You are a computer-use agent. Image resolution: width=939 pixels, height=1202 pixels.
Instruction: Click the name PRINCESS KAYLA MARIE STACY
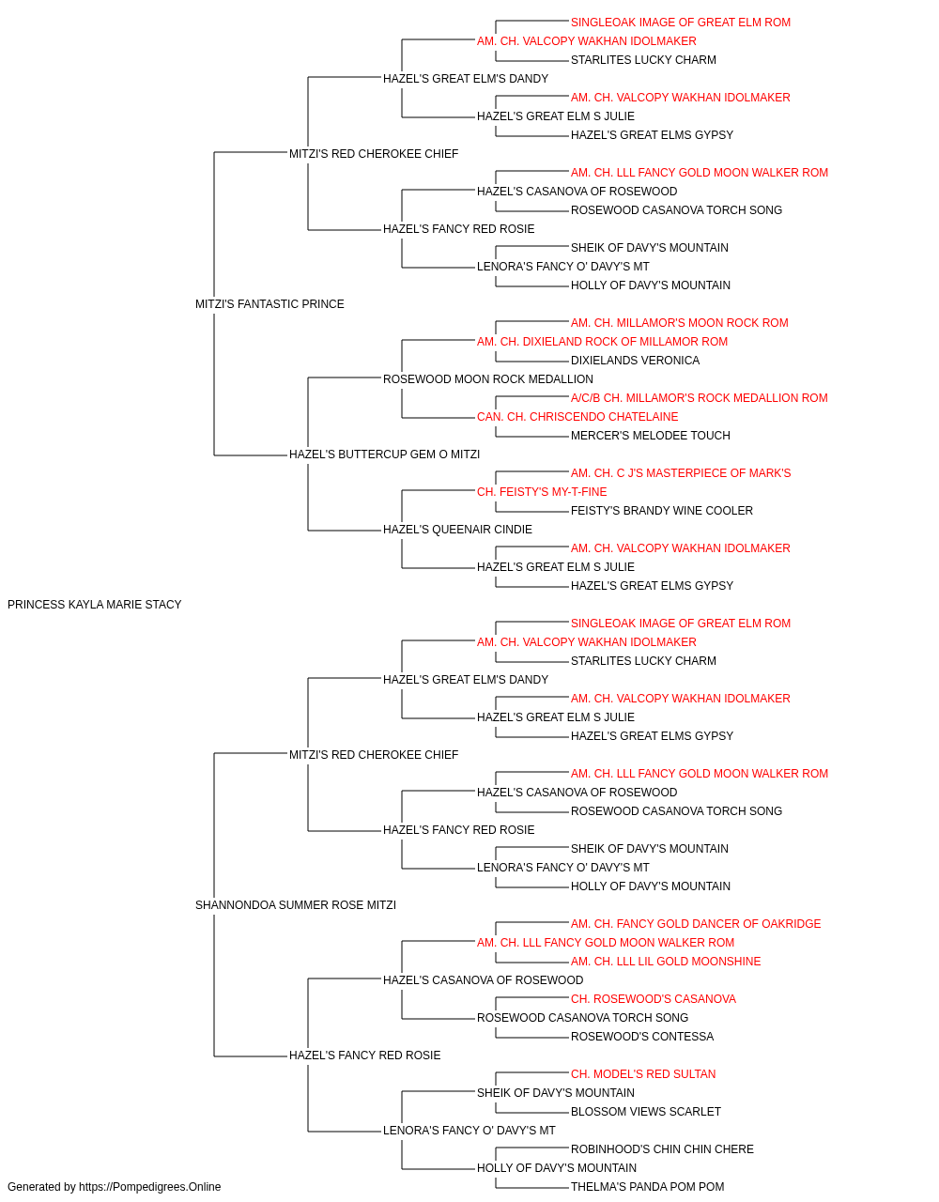pyautogui.click(x=95, y=605)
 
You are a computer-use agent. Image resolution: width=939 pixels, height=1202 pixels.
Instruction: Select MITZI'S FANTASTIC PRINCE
pyautogui.click(x=269, y=304)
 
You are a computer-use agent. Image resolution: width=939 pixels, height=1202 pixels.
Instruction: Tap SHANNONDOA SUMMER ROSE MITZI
pyautogui.click(x=295, y=905)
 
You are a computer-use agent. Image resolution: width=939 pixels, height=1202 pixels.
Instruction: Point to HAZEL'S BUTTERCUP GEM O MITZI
pyautogui.click(x=384, y=455)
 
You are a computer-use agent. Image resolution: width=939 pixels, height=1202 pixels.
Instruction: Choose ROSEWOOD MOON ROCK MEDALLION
pyautogui.click(x=487, y=379)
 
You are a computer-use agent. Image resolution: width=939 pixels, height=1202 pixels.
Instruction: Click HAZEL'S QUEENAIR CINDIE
pyautogui.click(x=457, y=530)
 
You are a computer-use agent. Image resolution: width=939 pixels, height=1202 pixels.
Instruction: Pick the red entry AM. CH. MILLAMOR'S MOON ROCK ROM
pyautogui.click(x=679, y=323)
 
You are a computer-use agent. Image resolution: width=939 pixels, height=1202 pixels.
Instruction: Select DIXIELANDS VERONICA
pyautogui.click(x=635, y=361)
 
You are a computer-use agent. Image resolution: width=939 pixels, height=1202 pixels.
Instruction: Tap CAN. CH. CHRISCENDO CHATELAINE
pyautogui.click(x=577, y=417)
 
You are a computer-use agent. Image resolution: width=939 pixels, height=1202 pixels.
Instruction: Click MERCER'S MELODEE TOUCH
pyautogui.click(x=651, y=436)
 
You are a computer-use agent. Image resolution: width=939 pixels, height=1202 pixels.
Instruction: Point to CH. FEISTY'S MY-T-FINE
pyautogui.click(x=542, y=492)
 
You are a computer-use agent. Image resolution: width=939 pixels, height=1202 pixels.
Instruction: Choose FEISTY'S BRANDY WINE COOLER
pyautogui.click(x=661, y=511)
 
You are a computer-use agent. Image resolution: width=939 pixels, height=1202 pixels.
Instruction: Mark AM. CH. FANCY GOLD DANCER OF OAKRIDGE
pyautogui.click(x=696, y=924)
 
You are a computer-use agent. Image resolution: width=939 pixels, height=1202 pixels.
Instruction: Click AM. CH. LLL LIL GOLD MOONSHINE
pyautogui.click(x=665, y=962)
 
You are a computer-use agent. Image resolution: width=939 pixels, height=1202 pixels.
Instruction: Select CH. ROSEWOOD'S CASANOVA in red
pyautogui.click(x=654, y=999)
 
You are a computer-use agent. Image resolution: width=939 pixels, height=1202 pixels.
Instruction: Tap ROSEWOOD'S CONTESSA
pyautogui.click(x=642, y=1037)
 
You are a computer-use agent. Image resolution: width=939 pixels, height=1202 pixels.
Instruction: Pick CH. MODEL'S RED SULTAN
pyautogui.click(x=643, y=1074)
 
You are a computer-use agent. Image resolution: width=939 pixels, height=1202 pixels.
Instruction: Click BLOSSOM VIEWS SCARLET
pyautogui.click(x=645, y=1112)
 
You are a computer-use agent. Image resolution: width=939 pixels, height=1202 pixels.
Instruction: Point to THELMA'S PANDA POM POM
pyautogui.click(x=647, y=1187)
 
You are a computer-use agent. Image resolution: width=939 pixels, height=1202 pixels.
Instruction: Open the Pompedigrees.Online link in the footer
pyautogui.click(x=149, y=1187)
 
